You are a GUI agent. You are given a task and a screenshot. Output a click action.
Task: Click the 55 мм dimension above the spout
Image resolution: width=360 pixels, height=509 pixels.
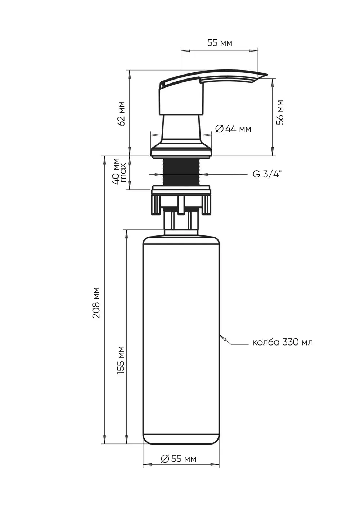tap(220, 43)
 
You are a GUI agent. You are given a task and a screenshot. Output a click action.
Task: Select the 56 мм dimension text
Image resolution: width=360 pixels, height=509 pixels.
tap(280, 112)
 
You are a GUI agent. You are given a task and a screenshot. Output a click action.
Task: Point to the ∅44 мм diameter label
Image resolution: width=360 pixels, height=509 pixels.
tap(233, 129)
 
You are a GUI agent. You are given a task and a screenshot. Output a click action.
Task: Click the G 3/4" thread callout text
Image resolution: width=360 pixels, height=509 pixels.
tap(267, 174)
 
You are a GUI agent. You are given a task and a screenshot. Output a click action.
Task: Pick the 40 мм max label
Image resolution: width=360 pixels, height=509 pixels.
tap(120, 172)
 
